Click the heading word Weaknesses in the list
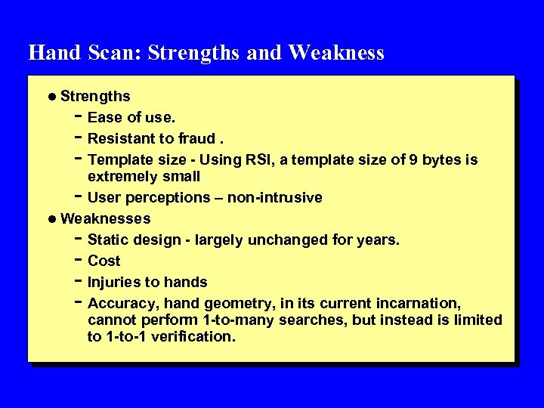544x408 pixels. pyautogui.click(x=105, y=218)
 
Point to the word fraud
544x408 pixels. pyautogui.click(x=196, y=138)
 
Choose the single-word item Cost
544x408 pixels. pyautogui.click(x=104, y=261)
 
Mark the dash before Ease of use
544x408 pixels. pyautogui.click(x=78, y=116)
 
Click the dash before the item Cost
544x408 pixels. pyautogui.click(x=78, y=260)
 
